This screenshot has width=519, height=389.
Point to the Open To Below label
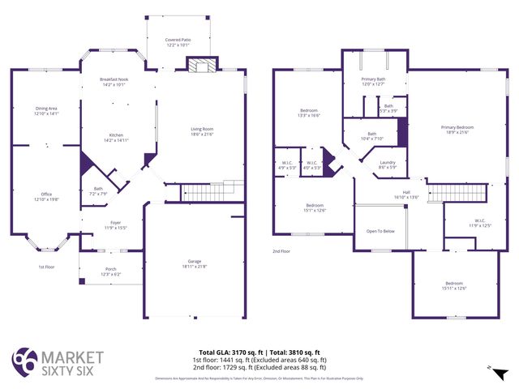(380, 231)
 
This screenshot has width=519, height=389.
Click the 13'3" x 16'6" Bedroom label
(309, 113)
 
